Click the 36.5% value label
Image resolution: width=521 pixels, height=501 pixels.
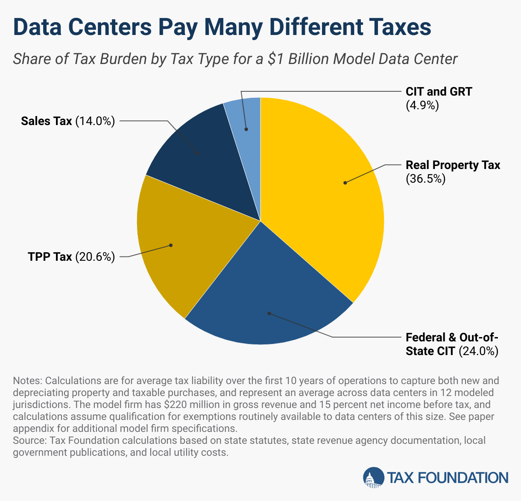(x=425, y=179)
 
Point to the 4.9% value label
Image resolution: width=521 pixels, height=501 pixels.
(x=422, y=105)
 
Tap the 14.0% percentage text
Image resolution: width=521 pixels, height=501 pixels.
(x=95, y=121)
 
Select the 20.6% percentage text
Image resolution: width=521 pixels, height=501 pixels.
(x=95, y=257)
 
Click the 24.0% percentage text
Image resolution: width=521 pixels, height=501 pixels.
(x=478, y=351)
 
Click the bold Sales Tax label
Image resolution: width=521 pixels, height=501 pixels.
(x=47, y=121)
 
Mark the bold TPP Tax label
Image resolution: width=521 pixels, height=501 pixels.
(x=50, y=257)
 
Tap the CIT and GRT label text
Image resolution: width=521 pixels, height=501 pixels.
(x=439, y=92)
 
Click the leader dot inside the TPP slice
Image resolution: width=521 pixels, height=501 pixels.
(x=170, y=245)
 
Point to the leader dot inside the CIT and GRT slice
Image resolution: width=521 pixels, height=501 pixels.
(x=246, y=129)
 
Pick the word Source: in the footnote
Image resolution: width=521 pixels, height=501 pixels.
(x=30, y=440)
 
